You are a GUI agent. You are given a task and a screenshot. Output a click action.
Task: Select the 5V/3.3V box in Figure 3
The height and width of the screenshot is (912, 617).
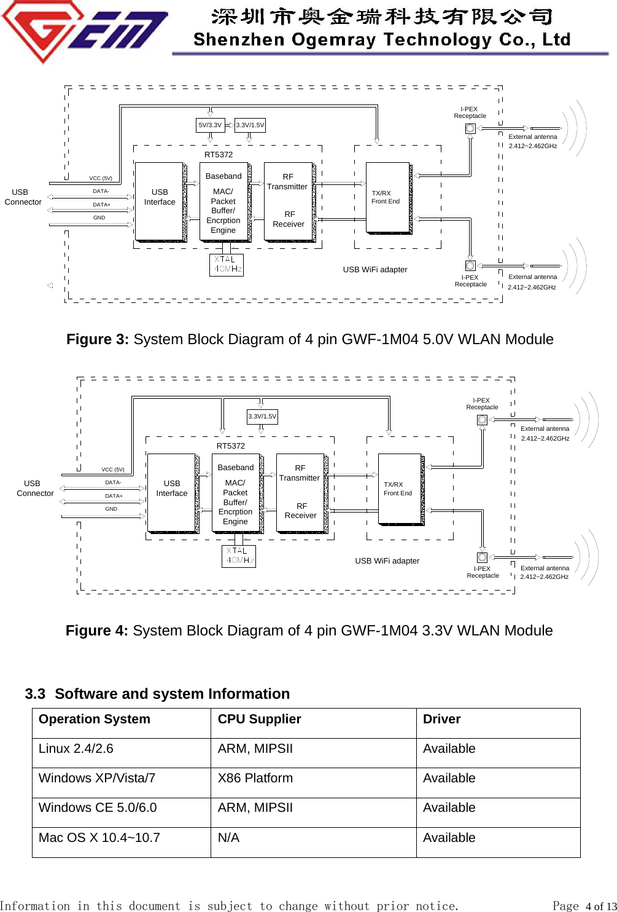(x=210, y=125)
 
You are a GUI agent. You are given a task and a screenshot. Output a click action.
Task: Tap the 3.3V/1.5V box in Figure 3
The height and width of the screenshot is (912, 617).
(x=250, y=125)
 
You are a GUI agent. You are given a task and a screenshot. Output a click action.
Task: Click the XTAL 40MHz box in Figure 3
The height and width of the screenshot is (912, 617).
(x=227, y=265)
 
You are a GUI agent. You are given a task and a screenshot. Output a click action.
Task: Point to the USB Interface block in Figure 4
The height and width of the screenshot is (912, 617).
(x=172, y=493)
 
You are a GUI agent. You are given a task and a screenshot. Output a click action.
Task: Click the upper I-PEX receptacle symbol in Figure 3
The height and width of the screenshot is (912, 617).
(x=470, y=129)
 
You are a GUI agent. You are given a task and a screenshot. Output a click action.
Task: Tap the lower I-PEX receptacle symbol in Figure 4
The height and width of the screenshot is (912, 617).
(x=483, y=557)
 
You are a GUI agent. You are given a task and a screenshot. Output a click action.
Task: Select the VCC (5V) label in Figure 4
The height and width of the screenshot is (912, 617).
(x=113, y=470)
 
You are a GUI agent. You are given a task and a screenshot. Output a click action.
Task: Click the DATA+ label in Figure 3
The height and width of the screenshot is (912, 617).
(x=101, y=205)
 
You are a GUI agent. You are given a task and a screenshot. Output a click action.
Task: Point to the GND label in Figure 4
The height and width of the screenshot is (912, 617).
(x=111, y=509)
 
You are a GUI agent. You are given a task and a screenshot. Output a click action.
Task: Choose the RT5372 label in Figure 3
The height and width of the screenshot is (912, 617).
(x=219, y=155)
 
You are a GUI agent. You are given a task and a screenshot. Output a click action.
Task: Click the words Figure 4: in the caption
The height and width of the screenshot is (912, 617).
(x=96, y=631)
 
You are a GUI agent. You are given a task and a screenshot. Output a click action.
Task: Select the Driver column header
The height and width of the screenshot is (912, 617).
(x=441, y=720)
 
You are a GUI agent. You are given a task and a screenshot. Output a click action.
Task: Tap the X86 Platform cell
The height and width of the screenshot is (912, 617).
(x=255, y=779)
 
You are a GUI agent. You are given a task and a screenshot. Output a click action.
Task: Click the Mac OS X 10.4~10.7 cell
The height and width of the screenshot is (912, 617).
(x=99, y=838)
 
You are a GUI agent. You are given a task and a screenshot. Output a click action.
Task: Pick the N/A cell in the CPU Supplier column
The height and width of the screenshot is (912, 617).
(x=228, y=838)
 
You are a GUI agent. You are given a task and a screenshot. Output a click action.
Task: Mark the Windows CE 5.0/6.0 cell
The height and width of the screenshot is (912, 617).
(x=98, y=808)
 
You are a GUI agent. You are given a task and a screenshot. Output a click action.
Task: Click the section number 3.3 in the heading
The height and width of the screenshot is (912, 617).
(x=35, y=694)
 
